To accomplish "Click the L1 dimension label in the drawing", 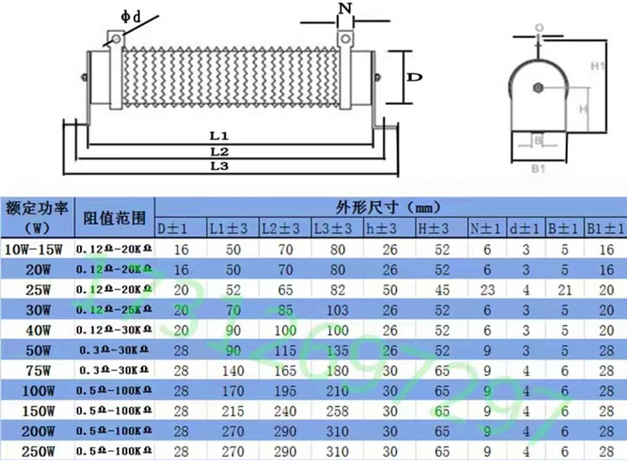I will (219, 136).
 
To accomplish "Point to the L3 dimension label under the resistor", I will (219, 167).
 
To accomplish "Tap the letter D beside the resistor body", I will (416, 77).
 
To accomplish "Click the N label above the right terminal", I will (344, 9).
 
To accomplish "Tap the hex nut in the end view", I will (538, 87).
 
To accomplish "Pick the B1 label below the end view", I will (538, 167).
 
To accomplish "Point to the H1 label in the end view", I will (596, 67).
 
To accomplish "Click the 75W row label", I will (37, 368).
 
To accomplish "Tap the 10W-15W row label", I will (37, 250).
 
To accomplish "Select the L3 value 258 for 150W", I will (338, 409).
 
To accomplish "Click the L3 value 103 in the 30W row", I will (338, 310).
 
